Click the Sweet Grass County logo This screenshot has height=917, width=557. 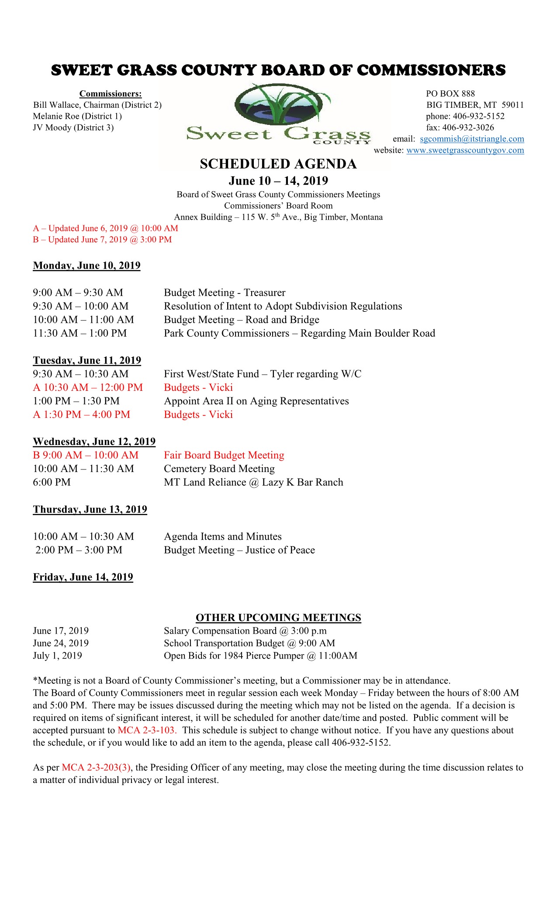[278, 114]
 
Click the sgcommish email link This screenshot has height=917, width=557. [472, 139]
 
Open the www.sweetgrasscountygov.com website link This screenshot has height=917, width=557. [465, 150]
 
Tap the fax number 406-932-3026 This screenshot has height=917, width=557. [468, 128]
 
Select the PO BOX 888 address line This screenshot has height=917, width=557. [450, 93]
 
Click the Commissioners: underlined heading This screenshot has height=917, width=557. [111, 93]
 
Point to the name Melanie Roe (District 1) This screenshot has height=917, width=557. [77, 116]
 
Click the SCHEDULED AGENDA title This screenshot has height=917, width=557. [278, 164]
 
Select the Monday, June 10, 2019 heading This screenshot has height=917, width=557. [86, 265]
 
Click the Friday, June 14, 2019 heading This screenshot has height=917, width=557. [83, 577]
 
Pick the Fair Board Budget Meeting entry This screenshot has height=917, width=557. [224, 455]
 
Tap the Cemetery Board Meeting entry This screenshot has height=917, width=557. [219, 469]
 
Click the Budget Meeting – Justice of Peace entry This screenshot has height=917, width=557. [239, 550]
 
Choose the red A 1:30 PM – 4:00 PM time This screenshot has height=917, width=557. [82, 414]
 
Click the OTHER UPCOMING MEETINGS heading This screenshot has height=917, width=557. [278, 617]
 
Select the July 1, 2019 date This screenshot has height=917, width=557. [57, 655]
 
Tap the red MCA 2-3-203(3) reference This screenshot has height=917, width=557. [96, 767]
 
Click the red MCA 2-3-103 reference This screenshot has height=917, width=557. [146, 730]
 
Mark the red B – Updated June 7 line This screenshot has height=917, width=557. [102, 239]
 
